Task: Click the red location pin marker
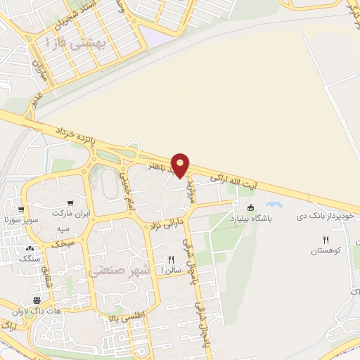coord(181,165)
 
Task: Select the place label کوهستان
coord(326,250)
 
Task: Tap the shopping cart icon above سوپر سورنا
coord(22,209)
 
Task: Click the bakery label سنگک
coord(29,259)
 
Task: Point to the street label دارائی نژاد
coord(163,226)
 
